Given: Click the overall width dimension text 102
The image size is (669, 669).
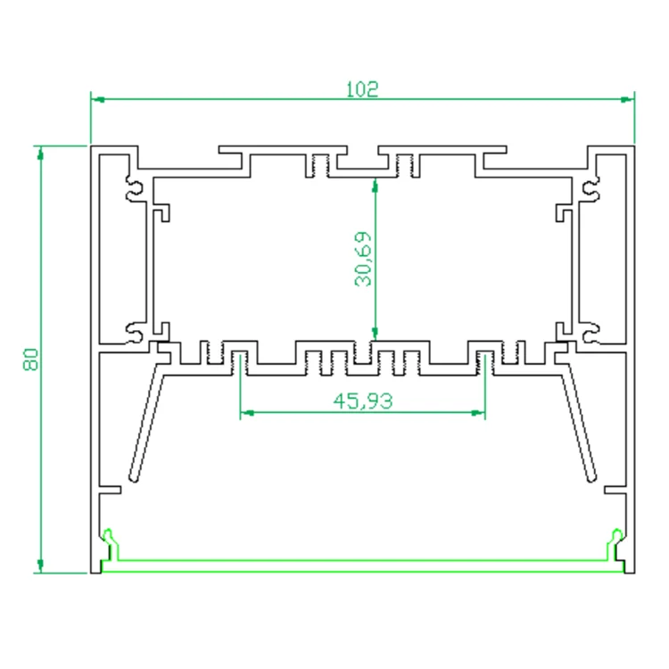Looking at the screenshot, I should (x=362, y=89).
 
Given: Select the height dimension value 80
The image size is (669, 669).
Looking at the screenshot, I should (x=29, y=360).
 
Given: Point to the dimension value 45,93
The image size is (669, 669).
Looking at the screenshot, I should (x=363, y=401).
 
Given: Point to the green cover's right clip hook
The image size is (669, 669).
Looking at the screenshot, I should (x=616, y=539).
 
